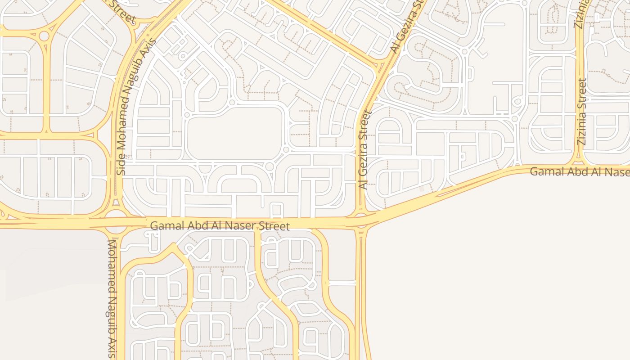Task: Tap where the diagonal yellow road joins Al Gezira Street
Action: (x=377, y=68)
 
